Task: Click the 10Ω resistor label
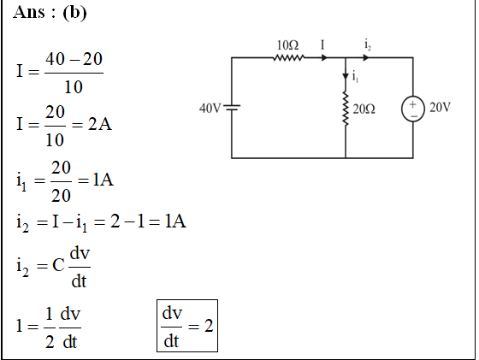point(287,45)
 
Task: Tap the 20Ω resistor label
point(364,109)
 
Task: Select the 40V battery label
point(210,108)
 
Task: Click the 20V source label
point(440,107)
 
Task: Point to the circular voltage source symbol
point(413,109)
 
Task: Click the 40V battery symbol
point(232,107)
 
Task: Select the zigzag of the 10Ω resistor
point(289,57)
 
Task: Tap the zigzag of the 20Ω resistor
point(346,109)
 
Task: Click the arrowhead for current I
point(324,57)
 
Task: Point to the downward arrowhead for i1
point(346,76)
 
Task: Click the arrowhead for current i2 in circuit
point(366,57)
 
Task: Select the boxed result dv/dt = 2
point(187,326)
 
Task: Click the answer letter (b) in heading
point(74,13)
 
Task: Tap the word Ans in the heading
point(29,13)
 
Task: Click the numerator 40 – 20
point(74,59)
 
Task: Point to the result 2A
point(100,124)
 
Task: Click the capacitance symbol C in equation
point(58,265)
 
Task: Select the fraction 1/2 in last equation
point(50,328)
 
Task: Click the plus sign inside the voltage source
point(412,104)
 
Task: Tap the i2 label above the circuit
point(368,44)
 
